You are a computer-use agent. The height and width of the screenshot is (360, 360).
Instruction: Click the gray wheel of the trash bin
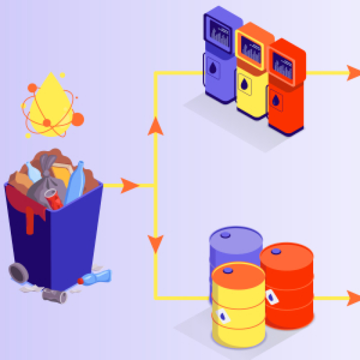18,272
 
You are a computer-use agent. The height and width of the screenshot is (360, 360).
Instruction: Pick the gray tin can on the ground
54,295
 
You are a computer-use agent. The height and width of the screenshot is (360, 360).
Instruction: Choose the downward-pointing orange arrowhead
155,243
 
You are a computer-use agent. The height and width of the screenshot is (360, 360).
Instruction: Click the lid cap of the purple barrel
225,234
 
